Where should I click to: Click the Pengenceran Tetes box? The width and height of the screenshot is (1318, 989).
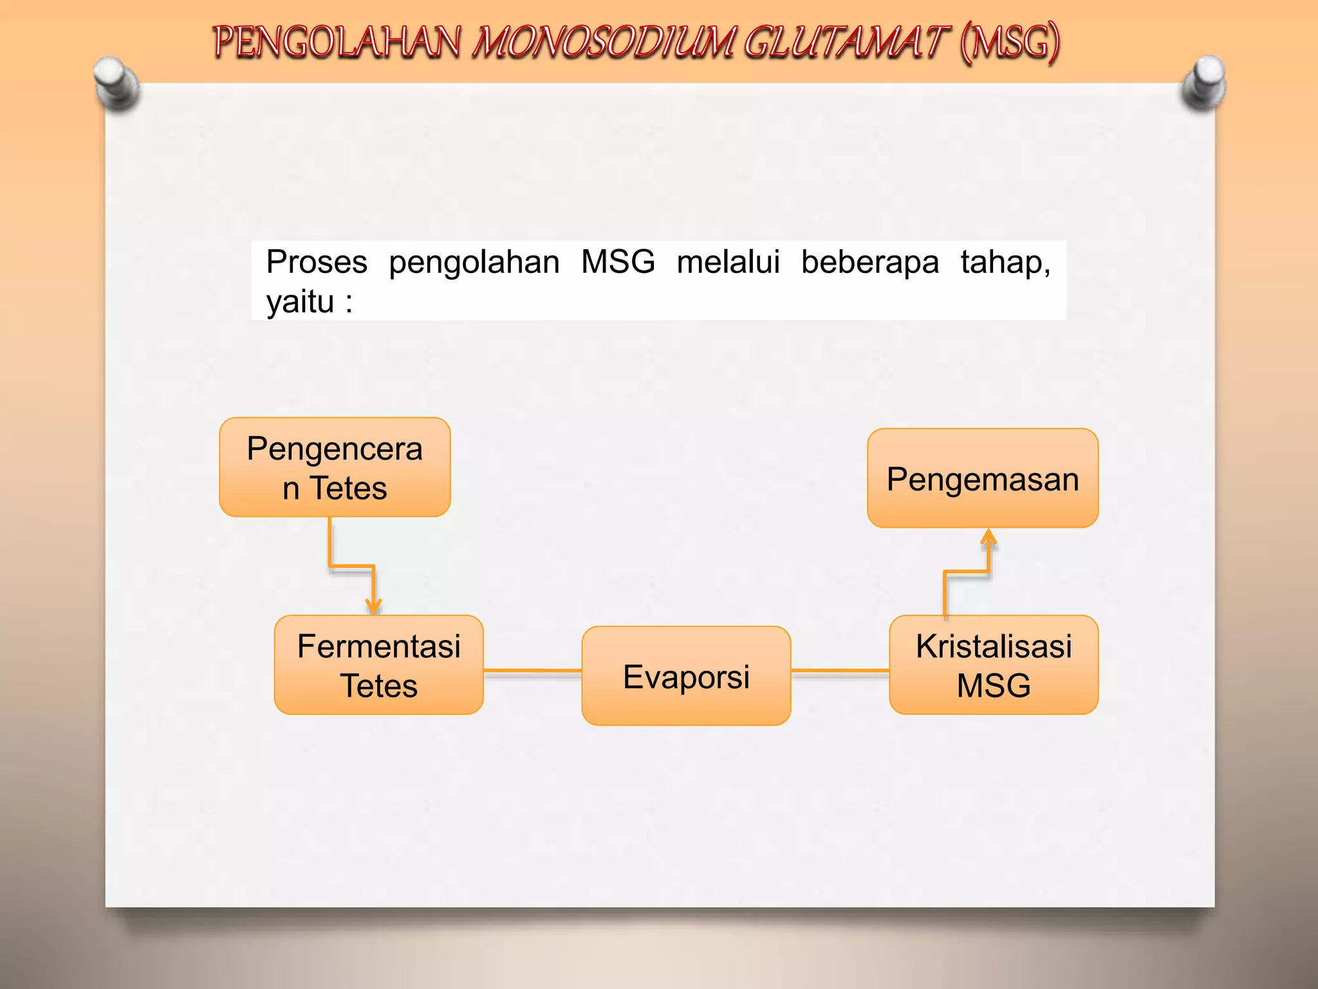(335, 467)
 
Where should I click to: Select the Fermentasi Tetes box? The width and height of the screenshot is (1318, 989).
(378, 665)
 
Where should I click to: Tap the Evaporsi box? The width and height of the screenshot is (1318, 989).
(686, 676)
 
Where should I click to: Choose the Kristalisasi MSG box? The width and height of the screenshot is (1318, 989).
(994, 665)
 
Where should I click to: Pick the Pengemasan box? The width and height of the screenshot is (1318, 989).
(983, 478)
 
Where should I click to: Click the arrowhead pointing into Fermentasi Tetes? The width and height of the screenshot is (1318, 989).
(373, 605)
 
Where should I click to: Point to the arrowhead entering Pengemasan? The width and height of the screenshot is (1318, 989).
(988, 537)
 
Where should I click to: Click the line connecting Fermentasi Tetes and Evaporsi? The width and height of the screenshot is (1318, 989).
(532, 671)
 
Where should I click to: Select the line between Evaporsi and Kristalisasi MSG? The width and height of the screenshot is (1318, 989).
(840, 671)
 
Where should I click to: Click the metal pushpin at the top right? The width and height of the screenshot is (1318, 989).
(1204, 82)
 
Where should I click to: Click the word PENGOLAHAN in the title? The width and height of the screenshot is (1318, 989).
(337, 42)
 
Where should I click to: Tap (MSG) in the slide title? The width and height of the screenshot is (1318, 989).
(1009, 42)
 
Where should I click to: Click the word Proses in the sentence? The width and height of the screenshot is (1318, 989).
(317, 262)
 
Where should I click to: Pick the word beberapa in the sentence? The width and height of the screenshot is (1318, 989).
(870, 262)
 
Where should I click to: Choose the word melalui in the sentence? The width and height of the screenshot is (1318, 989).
(728, 262)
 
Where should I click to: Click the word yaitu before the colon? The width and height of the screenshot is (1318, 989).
(300, 301)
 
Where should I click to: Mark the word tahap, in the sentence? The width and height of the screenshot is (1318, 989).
(1005, 262)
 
